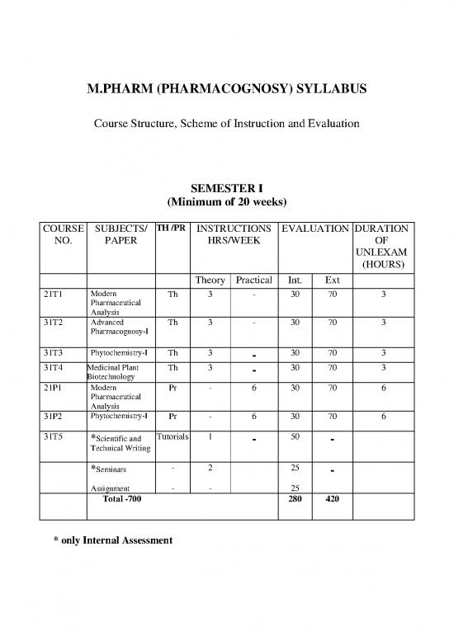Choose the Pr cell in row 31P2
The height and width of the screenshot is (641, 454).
(172, 417)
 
